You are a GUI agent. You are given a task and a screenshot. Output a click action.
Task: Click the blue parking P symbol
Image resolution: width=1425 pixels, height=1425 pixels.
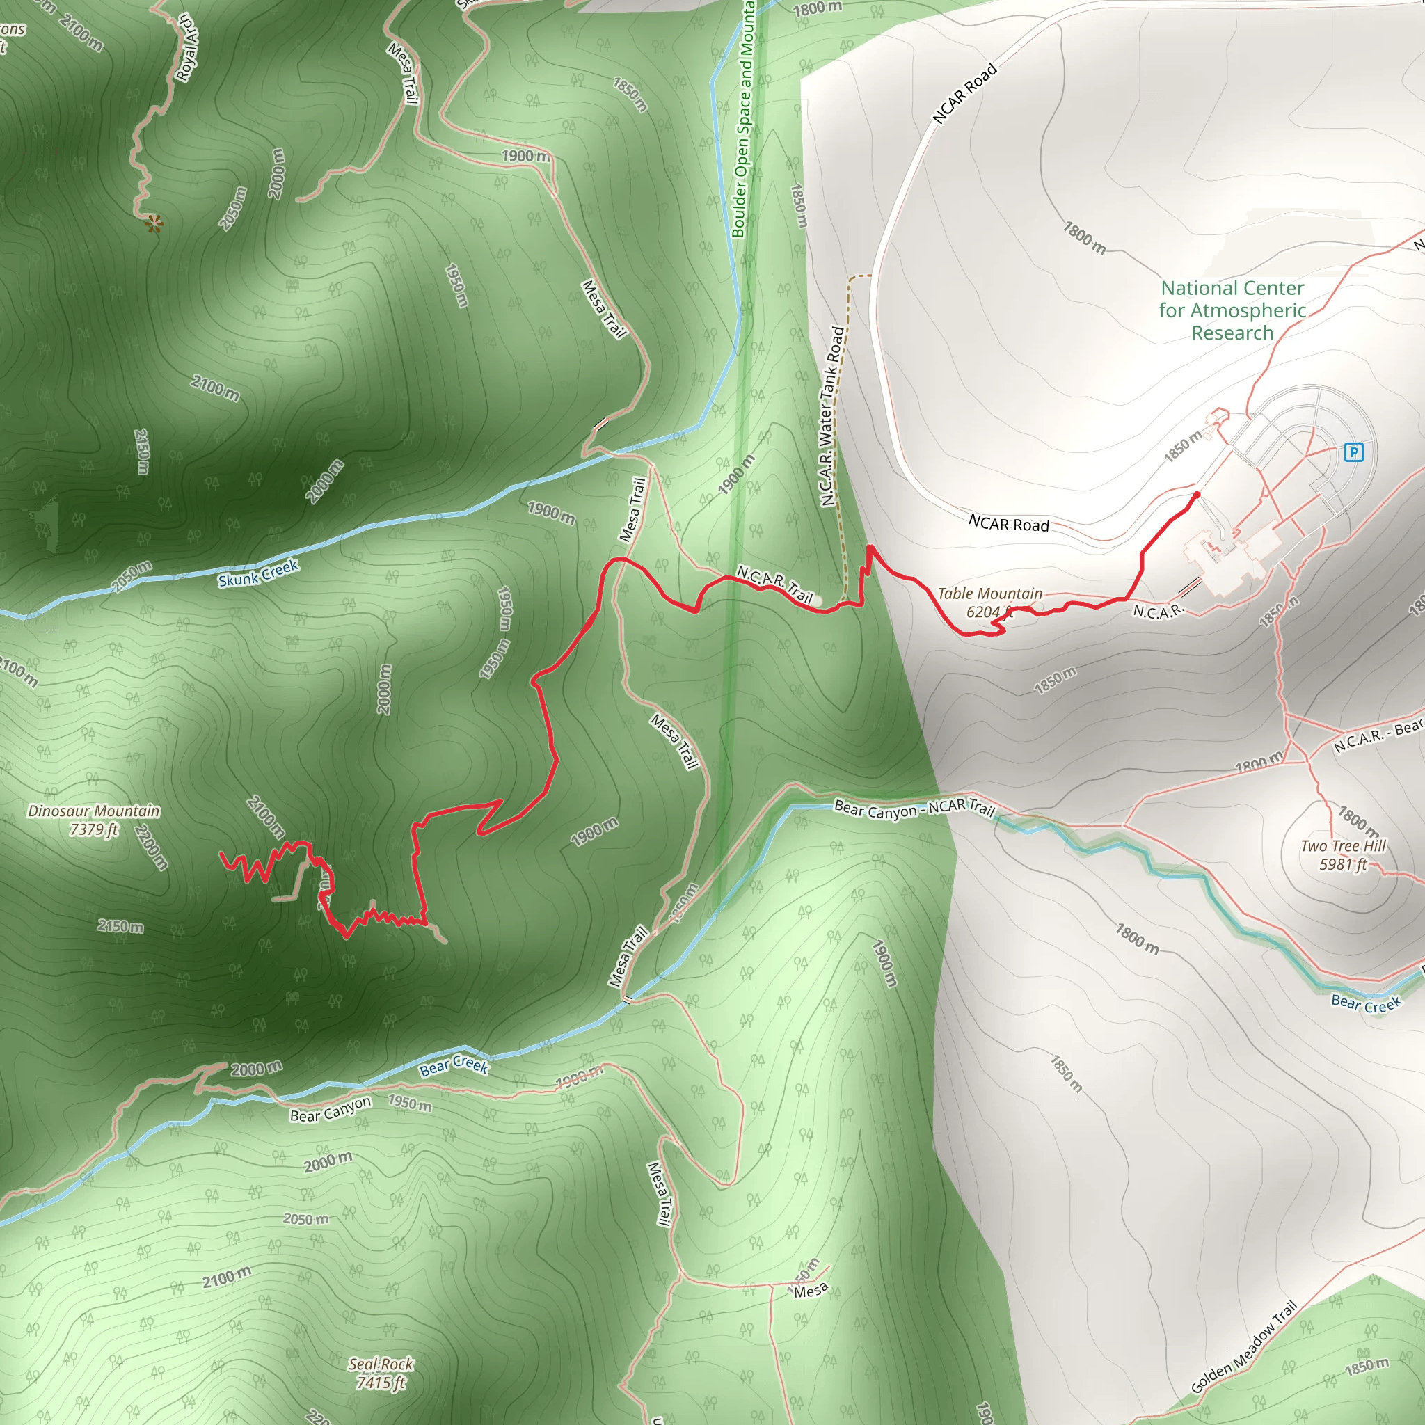point(1353,452)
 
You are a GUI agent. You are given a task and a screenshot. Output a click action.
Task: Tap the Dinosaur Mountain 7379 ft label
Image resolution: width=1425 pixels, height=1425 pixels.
point(94,820)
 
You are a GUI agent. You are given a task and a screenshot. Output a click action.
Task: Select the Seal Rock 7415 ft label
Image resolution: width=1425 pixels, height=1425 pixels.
point(381,1373)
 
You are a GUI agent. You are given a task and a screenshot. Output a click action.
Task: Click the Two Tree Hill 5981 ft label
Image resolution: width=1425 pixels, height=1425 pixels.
point(1343,855)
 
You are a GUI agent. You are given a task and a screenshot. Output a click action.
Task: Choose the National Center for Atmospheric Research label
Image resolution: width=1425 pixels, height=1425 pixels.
point(1232,310)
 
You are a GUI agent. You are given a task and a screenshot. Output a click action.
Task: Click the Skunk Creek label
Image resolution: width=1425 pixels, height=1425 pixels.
point(258,573)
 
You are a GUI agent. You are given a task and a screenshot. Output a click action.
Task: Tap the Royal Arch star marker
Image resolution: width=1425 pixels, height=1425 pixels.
point(153,223)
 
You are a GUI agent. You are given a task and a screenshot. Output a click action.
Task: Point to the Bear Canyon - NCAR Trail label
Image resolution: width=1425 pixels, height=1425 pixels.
point(914,809)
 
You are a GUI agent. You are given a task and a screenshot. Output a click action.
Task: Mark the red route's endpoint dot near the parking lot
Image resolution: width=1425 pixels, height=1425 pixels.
point(1196,495)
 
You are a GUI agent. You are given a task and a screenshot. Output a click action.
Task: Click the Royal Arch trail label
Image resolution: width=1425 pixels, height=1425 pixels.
point(188,48)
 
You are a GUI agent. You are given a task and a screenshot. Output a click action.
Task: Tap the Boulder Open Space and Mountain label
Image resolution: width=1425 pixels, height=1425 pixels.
point(744,118)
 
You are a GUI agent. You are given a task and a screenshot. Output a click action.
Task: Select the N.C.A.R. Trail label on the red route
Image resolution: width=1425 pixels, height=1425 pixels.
point(774,584)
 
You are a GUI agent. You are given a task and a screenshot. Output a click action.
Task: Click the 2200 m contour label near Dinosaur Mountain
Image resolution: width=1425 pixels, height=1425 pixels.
point(151,847)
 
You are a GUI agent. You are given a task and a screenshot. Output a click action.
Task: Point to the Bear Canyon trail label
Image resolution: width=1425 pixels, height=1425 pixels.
point(331,1109)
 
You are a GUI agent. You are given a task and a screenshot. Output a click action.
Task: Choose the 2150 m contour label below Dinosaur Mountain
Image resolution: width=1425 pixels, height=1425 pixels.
point(120,925)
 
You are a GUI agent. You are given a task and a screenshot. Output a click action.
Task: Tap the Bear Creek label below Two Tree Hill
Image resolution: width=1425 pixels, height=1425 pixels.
point(1366,1004)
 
